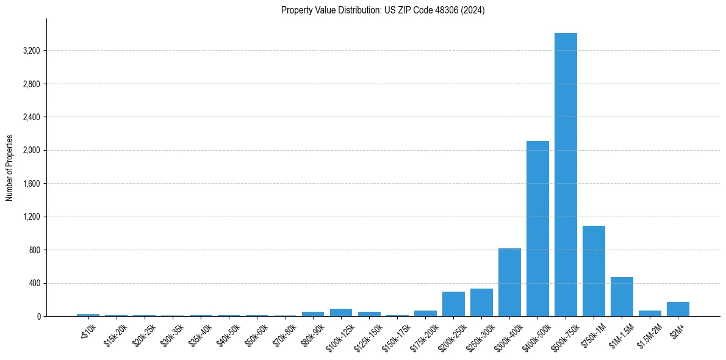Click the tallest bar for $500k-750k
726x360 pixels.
point(566,175)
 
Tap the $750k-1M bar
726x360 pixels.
point(594,271)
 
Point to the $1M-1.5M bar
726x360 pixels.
point(622,297)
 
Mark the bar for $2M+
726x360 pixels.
point(678,309)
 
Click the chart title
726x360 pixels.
point(383,10)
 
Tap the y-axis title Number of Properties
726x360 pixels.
point(10,168)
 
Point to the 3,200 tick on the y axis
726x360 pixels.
point(31,51)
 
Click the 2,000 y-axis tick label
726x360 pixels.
point(31,150)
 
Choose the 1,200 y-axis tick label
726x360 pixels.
point(31,217)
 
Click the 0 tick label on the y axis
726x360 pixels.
point(38,317)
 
